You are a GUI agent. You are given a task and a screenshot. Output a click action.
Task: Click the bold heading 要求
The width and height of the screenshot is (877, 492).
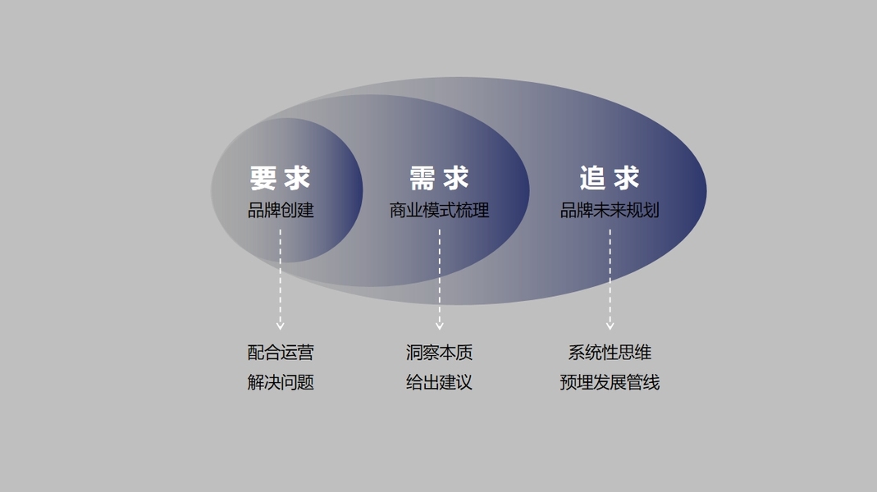coord(281,178)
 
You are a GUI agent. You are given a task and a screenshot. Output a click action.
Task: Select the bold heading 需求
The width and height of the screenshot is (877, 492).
coord(439,178)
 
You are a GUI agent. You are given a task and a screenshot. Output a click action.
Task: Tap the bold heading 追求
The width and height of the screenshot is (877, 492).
coord(609,178)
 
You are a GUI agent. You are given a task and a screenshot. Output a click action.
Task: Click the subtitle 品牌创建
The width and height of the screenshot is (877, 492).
coord(281,210)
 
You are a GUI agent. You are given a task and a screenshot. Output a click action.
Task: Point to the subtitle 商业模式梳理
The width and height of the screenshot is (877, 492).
coord(439,210)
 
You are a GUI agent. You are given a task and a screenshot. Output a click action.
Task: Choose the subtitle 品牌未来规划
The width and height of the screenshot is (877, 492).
coord(610,210)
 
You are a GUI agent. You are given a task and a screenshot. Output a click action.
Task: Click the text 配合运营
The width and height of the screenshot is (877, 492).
coord(281,353)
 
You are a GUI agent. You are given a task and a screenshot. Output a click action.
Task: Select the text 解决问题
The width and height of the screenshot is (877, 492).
coord(281,382)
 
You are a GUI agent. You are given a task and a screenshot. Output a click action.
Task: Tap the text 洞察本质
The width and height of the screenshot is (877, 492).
coord(439,353)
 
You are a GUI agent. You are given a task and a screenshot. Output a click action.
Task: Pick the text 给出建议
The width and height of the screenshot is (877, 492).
coord(439,382)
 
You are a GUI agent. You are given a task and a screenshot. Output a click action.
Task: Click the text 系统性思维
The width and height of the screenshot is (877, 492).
coord(610,353)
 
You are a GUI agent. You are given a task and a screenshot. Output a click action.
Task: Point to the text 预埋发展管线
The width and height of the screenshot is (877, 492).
coord(610,382)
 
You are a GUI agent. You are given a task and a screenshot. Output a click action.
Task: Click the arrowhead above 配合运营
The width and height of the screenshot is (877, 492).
coord(281,326)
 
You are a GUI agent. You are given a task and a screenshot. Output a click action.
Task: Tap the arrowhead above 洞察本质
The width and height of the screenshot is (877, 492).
coord(440,326)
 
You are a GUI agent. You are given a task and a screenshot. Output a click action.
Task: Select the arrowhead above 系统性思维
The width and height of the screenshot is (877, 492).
coord(610,326)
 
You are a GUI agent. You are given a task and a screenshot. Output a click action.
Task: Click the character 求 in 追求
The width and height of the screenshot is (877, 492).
coord(626,178)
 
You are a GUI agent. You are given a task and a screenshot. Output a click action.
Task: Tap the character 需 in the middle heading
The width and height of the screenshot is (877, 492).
coord(423,178)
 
